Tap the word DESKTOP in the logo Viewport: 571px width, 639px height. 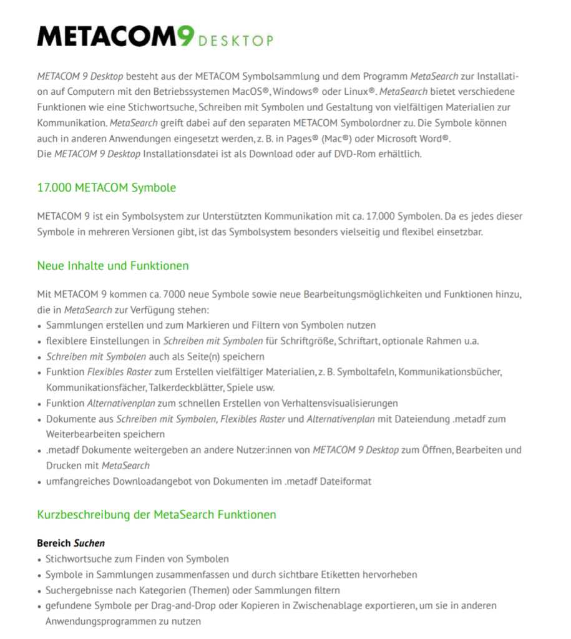click(235, 41)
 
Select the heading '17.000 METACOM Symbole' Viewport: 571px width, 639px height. click(106, 187)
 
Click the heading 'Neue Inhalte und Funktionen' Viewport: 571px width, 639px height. click(112, 266)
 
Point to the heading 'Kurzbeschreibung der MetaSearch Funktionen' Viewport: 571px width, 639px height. click(156, 515)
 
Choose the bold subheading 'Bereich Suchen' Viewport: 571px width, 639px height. click(71, 543)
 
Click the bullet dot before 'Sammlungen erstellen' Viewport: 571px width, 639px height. click(40, 326)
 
